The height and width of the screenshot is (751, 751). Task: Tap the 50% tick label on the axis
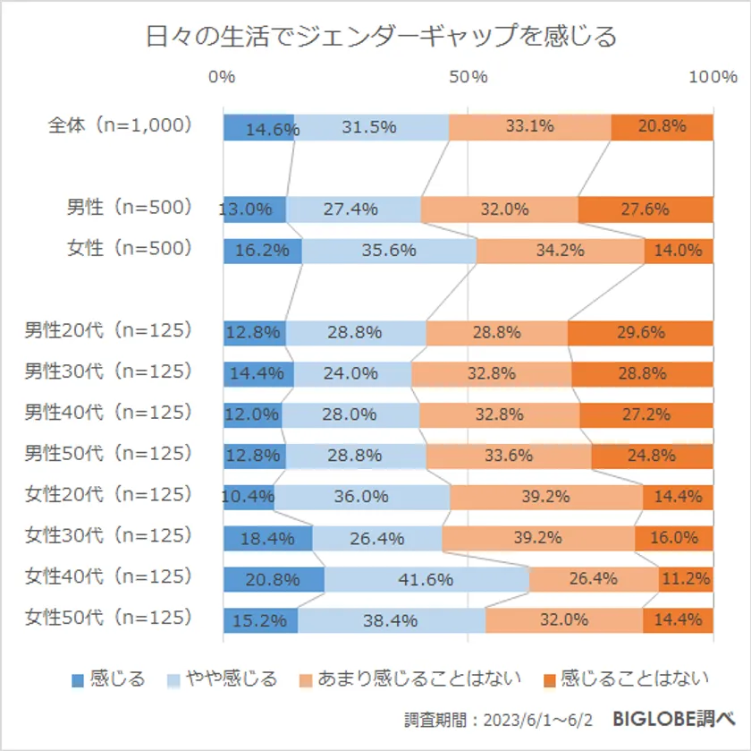(468, 77)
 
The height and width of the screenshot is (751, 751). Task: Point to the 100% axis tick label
(713, 77)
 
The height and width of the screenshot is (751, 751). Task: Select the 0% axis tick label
(222, 77)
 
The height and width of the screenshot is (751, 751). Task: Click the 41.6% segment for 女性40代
(426, 579)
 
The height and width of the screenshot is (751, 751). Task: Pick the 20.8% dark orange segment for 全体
(662, 127)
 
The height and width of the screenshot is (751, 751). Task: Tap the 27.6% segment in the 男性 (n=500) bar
(646, 209)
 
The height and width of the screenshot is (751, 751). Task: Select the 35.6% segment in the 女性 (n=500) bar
(389, 251)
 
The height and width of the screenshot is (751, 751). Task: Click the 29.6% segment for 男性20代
(640, 333)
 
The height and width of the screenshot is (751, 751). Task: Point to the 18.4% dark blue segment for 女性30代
(267, 538)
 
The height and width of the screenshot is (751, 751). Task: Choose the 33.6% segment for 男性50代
(509, 456)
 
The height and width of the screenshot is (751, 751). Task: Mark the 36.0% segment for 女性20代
(361, 497)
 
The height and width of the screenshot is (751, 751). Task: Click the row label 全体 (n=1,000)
(120, 126)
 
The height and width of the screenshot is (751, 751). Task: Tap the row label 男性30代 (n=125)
(108, 371)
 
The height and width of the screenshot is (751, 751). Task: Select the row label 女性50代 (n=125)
(108, 617)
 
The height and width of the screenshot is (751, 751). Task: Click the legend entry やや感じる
(224, 678)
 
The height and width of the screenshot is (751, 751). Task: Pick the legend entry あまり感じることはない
(410, 678)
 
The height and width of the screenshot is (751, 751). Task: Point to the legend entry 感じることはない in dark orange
(627, 678)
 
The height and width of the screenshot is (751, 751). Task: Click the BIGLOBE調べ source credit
(673, 719)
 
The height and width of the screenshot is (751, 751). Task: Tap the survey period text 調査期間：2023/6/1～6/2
(506, 720)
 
